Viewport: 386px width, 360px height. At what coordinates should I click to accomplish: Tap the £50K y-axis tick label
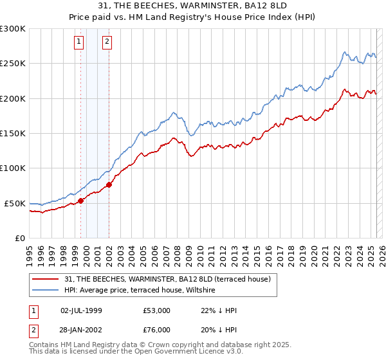coord(15,203)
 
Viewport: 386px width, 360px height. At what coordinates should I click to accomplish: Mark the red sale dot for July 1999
coord(81,201)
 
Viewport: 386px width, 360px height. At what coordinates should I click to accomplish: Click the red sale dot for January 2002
coord(109,185)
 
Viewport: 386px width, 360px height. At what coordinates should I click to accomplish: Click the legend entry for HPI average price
coord(142,291)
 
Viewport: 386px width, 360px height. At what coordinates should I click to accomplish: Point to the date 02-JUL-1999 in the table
coord(81,310)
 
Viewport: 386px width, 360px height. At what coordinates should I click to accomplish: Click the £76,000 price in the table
coord(156,329)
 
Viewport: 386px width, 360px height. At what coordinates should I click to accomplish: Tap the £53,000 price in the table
coord(156,310)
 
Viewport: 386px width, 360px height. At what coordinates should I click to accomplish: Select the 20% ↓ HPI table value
coord(219,329)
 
